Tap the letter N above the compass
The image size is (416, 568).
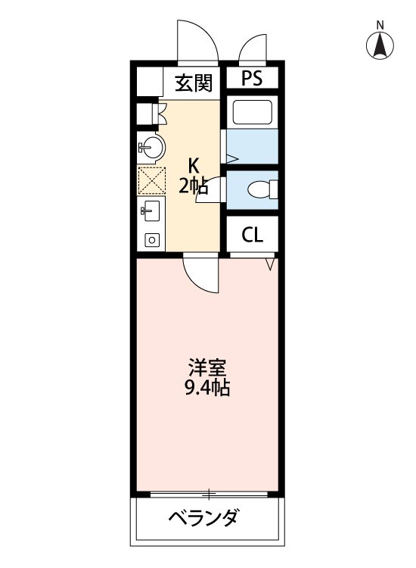tap(380, 24)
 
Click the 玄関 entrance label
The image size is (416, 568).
tap(194, 83)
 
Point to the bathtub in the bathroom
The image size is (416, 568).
tap(253, 113)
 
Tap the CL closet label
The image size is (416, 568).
tap(253, 236)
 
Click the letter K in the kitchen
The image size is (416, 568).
tap(194, 165)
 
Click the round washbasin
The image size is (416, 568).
tap(150, 147)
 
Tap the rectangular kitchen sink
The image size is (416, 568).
tap(149, 211)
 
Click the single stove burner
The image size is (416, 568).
tap(151, 240)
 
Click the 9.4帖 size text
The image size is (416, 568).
tap(207, 390)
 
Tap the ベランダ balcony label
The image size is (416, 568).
tap(203, 519)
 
